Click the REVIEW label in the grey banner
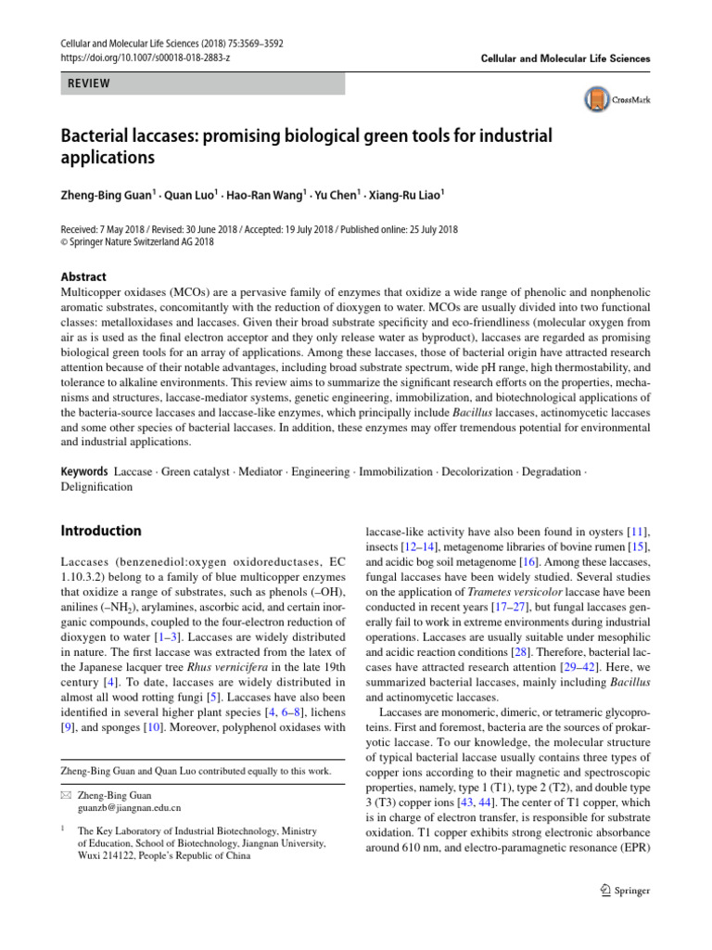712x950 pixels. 86,83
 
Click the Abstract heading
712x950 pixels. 83,276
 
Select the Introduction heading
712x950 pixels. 101,531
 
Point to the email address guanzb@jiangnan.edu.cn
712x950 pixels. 130,808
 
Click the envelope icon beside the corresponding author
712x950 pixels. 65,795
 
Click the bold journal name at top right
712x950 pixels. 566,58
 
